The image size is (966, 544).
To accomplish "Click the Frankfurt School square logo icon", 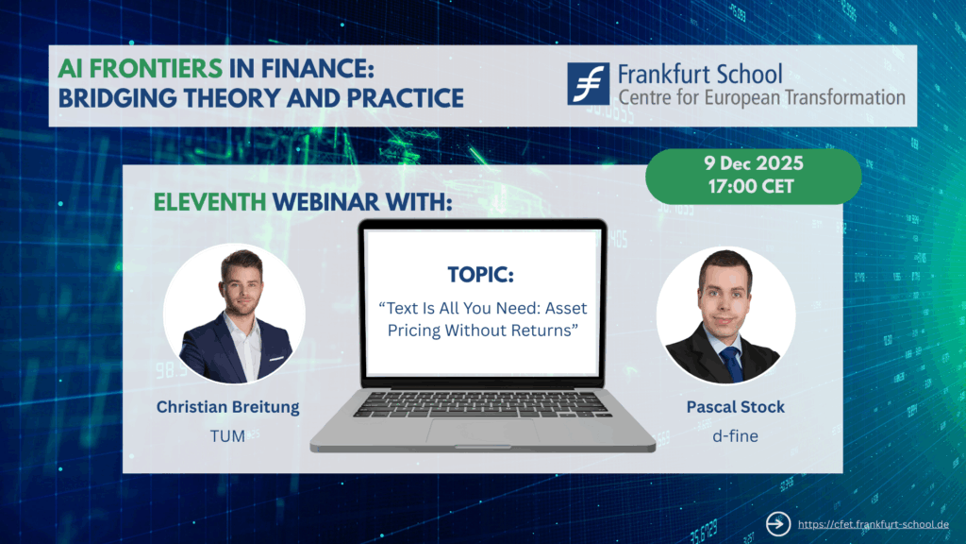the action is pos(589,83).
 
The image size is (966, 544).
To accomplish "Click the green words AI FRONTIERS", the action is pos(141,68).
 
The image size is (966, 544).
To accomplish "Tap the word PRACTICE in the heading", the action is pos(405,98).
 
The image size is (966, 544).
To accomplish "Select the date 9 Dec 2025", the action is pos(754,163).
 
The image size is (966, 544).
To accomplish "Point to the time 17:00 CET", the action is pos(751,186).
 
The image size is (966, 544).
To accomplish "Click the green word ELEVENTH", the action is pos(210,202).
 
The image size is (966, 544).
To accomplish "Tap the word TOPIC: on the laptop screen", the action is pos(480,275).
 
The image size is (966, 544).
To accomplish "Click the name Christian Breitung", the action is pos(228,407).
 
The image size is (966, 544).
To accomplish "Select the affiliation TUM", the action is pos(227,436).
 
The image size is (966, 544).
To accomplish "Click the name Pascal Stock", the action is pos(736,407).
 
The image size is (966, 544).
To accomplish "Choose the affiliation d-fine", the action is pos(735,436).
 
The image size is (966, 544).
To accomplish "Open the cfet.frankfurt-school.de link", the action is pos(873,524).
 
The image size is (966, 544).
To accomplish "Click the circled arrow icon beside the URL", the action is pos(778,524).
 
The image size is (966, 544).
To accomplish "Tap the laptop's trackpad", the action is pos(482,431).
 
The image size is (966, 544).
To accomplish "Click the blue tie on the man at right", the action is pos(732,364).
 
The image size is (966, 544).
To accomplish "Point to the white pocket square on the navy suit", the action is pos(276,358).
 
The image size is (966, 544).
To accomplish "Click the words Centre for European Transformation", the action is pos(762,97).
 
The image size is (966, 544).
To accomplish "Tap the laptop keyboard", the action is pos(482,404).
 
